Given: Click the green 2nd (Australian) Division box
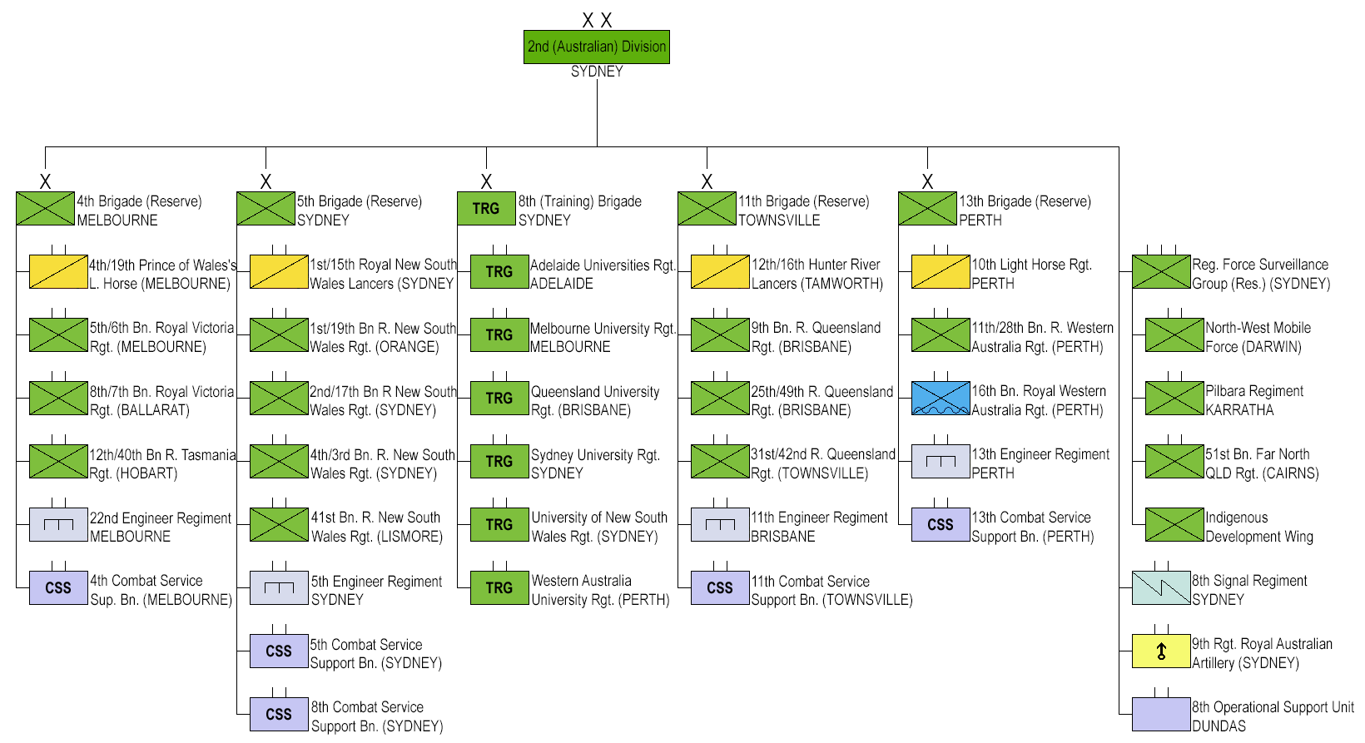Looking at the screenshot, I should tap(597, 47).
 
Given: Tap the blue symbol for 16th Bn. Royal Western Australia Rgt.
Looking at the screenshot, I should tap(941, 398).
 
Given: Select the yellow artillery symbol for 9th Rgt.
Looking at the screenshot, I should tap(1161, 651).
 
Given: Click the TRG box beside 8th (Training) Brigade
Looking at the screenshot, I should tap(486, 208).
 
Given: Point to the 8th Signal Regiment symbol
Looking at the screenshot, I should tap(1161, 587).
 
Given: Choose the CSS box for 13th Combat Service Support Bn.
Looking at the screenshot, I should tap(941, 524).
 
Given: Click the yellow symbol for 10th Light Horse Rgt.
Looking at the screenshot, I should tap(941, 271).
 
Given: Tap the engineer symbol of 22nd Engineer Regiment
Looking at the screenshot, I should tap(58, 524).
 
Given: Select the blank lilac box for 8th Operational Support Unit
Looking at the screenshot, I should tap(1161, 714).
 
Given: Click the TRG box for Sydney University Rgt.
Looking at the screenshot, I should tap(499, 461).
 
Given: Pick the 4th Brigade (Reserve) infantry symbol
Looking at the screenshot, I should tap(45, 208).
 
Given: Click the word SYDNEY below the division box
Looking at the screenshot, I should tap(597, 72).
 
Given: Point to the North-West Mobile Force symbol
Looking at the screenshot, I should tap(1174, 334).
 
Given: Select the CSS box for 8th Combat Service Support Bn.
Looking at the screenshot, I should tap(279, 714).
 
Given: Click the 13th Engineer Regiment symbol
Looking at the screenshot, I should tap(941, 461).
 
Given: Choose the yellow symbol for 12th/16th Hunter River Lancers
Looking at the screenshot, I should tap(720, 271).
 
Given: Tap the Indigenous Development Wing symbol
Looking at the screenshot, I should tap(1174, 524).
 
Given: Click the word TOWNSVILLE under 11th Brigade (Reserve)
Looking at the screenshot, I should tap(779, 220).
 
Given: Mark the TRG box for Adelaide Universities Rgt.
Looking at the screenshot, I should tap(499, 271).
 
